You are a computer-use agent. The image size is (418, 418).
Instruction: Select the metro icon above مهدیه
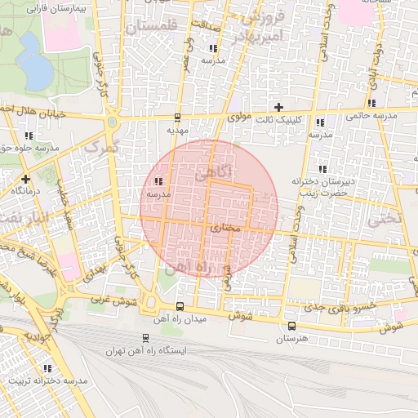[x=178, y=118]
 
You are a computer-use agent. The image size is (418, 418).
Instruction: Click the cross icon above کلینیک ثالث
[x=279, y=107]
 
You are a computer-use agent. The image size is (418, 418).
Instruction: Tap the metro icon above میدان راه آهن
[x=180, y=307]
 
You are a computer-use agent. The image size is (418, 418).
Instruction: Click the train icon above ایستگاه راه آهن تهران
[x=145, y=337]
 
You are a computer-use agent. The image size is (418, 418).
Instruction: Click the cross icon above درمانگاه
[x=25, y=178]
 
